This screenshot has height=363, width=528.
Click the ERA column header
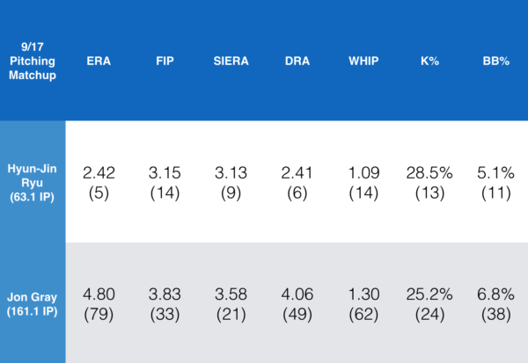(x=99, y=63)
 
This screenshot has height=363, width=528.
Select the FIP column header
(x=165, y=63)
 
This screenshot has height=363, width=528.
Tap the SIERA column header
(x=231, y=63)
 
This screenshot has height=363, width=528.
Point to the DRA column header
(x=297, y=63)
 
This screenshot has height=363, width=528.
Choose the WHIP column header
(x=363, y=63)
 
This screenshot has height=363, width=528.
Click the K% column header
(x=429, y=63)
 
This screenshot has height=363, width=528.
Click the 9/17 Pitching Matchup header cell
(x=33, y=62)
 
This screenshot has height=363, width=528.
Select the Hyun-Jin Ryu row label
(x=33, y=182)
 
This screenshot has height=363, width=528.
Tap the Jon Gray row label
(x=33, y=303)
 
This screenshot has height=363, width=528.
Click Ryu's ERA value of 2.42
(x=99, y=173)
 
